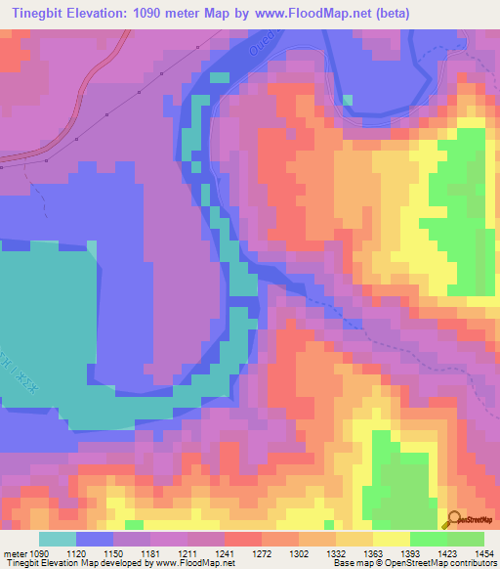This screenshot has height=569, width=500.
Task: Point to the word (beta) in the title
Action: point(390,13)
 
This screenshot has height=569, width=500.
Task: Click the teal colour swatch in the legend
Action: point(58,539)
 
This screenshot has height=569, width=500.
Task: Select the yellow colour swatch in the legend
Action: point(391,539)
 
